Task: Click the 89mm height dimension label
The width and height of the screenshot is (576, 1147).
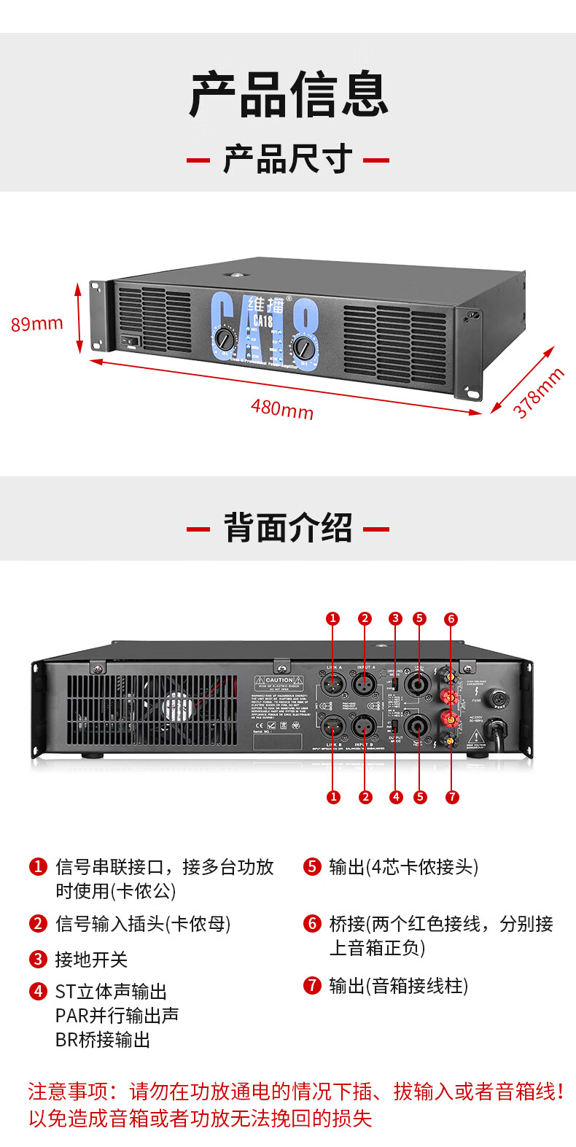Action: tap(36, 323)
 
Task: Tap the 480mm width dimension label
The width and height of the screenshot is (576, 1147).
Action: tap(282, 408)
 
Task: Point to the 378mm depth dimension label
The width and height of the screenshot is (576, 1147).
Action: tap(539, 393)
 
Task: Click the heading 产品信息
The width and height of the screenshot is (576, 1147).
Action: tap(288, 95)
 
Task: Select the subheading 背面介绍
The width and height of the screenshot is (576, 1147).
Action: tap(288, 528)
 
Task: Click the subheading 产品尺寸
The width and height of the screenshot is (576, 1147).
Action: tap(288, 159)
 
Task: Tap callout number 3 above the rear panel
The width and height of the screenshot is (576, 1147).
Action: tap(395, 618)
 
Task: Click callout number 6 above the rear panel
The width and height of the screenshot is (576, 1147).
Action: tap(451, 619)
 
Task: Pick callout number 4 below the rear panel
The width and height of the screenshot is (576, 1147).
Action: tap(396, 797)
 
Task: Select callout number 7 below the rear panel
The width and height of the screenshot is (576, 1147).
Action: tap(452, 797)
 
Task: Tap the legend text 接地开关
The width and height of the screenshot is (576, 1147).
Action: tap(91, 960)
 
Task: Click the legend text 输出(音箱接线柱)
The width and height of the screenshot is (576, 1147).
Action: tap(398, 986)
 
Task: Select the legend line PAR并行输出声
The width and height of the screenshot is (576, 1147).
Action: tap(117, 1016)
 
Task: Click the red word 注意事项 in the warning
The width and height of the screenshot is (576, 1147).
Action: tap(68, 1092)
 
